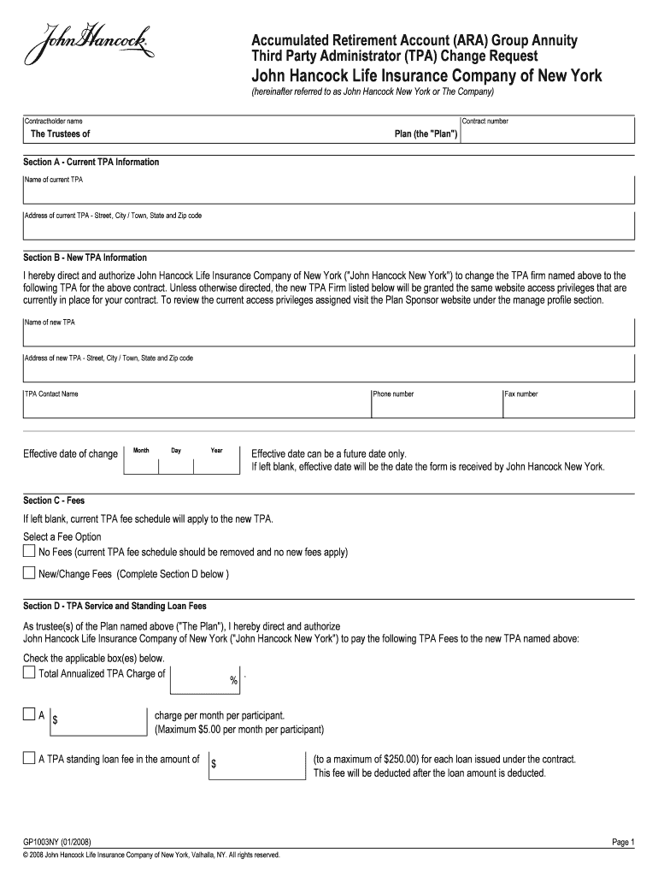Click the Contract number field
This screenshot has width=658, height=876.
[547, 134]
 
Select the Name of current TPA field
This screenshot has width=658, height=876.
[328, 193]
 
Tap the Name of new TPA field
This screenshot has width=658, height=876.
[328, 334]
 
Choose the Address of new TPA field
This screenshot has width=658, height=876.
[328, 370]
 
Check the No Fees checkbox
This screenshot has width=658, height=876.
[30, 552]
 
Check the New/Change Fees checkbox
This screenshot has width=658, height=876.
[30, 573]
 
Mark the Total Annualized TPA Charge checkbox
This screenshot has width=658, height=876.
[30, 673]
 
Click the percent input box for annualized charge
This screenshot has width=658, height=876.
[205, 679]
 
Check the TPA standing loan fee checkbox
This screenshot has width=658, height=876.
[30, 759]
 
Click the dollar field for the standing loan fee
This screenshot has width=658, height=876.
[256, 765]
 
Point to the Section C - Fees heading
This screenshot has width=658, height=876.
[54, 500]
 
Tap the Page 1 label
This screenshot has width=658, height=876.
[623, 842]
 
